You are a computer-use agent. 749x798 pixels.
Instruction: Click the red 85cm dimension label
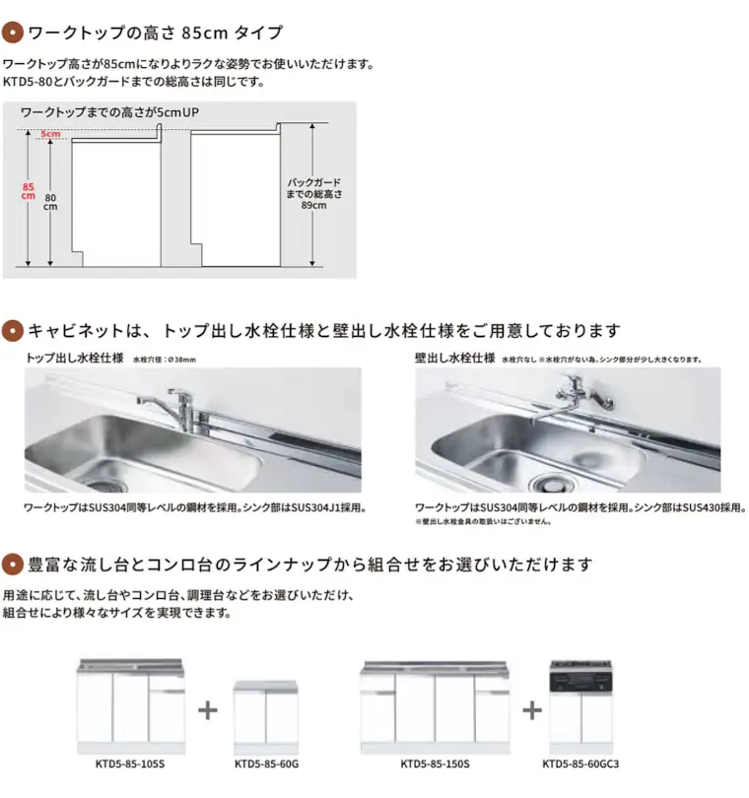pos(29,190)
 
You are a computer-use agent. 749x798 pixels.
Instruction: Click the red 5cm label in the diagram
pos(50,133)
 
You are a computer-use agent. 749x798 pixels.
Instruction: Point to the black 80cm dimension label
pos(50,202)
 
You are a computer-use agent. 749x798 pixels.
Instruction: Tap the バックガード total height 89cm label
pos(313,194)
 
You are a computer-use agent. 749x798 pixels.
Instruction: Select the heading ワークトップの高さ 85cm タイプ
pos(155,33)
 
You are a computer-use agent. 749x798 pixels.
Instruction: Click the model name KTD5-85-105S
pos(131,763)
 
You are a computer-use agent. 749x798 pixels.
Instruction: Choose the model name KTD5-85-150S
pos(435,763)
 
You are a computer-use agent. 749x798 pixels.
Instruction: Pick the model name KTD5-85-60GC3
pos(580,763)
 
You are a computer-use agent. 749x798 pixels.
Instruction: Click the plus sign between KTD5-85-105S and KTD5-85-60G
pos(208,710)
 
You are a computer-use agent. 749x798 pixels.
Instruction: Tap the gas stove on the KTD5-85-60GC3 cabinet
pos(580,679)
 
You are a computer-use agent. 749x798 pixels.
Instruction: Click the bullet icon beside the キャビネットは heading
pos(12,330)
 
